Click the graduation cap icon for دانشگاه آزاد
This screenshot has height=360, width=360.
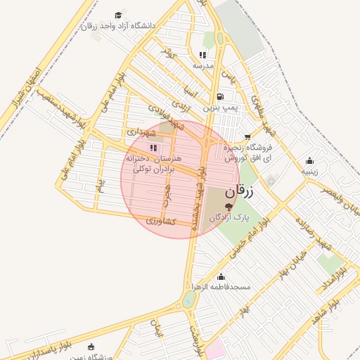point(118,15)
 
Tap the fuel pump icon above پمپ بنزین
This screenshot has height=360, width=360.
point(221,97)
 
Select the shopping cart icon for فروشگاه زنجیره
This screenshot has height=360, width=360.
point(247,137)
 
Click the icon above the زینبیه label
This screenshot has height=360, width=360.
point(310,160)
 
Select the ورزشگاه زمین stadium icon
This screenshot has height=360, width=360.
point(90,347)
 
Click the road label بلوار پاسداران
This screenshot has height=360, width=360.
point(46,348)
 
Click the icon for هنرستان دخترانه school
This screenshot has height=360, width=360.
point(153,148)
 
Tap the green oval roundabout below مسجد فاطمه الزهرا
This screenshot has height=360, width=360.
point(188,300)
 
